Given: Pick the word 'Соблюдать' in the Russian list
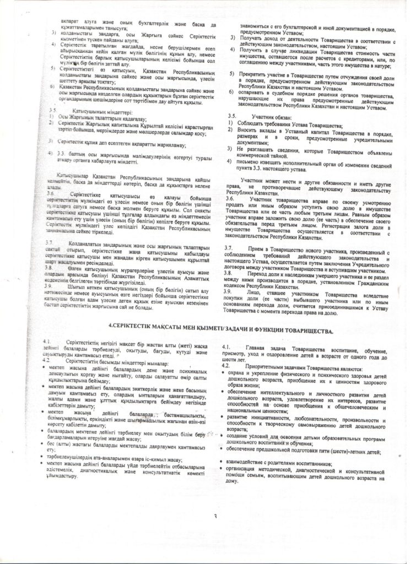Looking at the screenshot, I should pyautogui.click(x=254, y=127).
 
